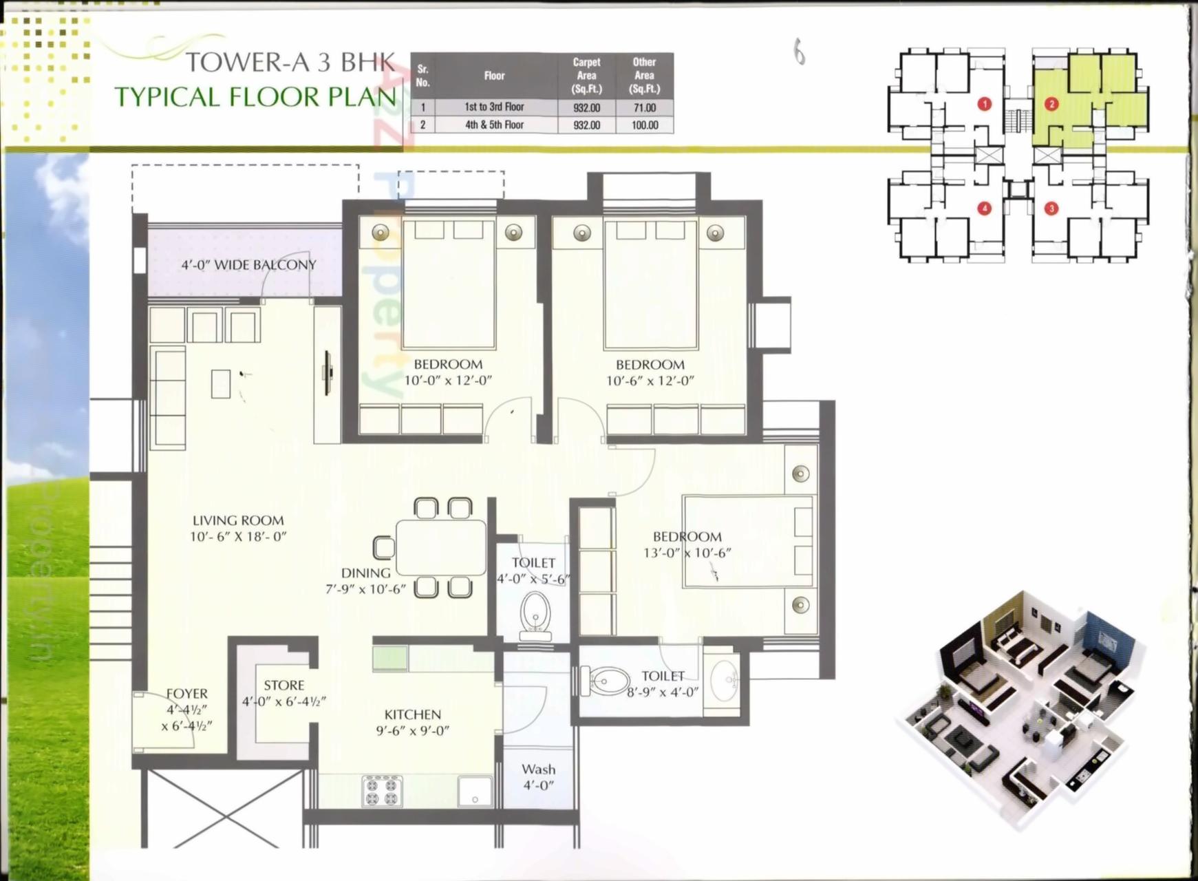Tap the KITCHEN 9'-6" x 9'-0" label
tap(412, 723)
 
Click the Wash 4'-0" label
tap(538, 776)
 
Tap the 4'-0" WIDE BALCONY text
tap(248, 265)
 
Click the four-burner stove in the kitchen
tap(383, 790)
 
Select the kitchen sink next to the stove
tap(475, 791)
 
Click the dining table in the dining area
tap(440, 547)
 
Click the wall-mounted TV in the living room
tap(328, 373)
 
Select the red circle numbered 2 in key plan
tap(1051, 104)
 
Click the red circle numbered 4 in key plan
tap(985, 208)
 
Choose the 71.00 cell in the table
tap(644, 107)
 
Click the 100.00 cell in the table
tap(644, 125)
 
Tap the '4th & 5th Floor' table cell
tap(494, 125)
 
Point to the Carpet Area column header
tap(586, 75)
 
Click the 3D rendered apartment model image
tap(1018, 709)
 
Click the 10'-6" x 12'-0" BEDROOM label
tap(650, 372)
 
